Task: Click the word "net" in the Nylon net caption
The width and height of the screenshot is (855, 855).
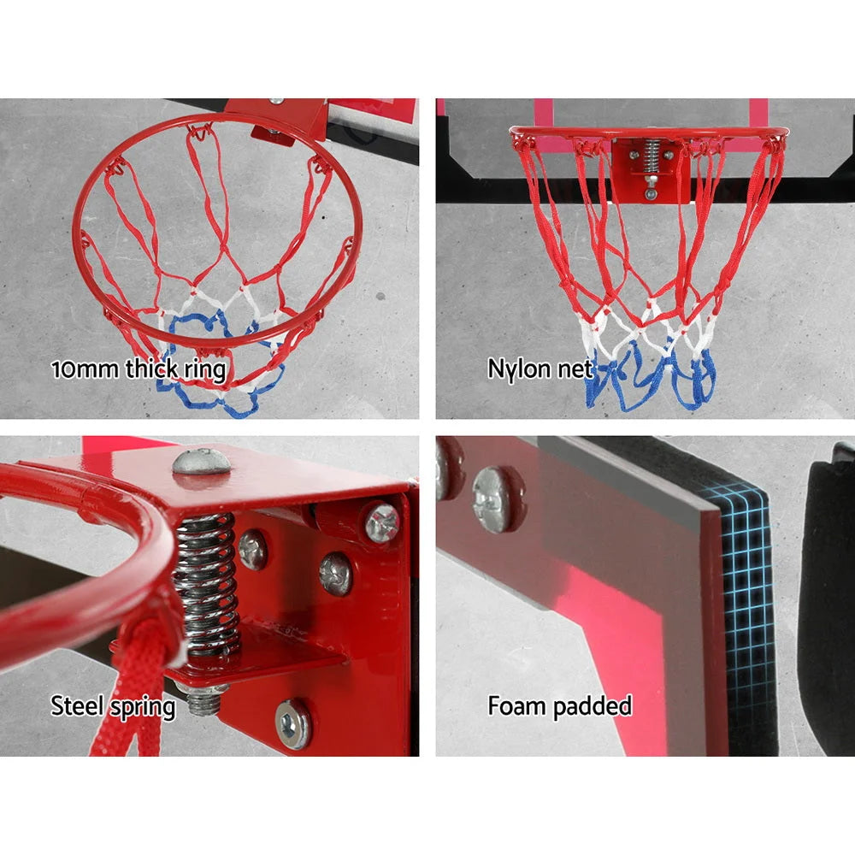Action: (575, 369)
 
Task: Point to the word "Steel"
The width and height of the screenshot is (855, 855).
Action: (79, 706)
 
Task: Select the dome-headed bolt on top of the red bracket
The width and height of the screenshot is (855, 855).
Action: (202, 462)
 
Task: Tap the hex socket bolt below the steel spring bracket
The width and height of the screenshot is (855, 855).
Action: (294, 723)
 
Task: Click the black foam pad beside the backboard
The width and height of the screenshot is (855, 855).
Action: (825, 598)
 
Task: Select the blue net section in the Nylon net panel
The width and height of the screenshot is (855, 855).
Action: (650, 376)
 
